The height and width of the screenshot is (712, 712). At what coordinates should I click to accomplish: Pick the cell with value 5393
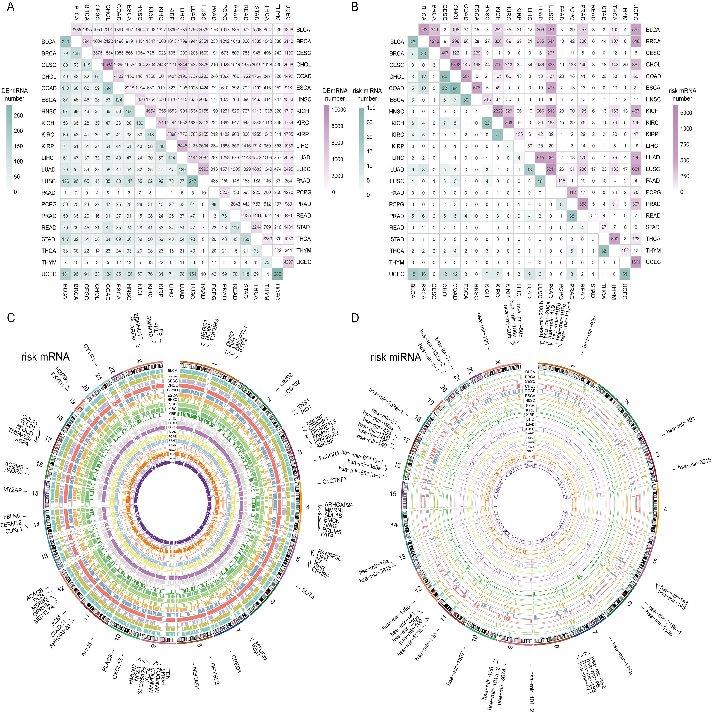pos(455,65)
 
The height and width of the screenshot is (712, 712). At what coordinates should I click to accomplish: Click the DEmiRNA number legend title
pos(14,95)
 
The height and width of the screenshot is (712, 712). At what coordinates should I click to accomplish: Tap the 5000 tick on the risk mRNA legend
pos(686,113)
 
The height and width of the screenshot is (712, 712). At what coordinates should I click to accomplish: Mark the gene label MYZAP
pos(13,490)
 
